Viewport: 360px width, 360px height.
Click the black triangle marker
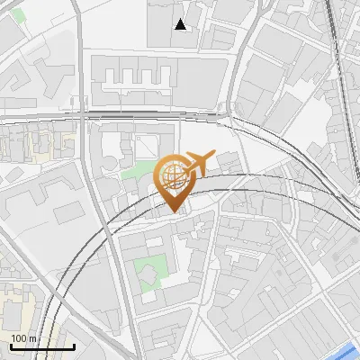point(182,25)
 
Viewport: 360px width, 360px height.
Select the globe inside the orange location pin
point(174,175)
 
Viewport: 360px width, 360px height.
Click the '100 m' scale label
point(22,338)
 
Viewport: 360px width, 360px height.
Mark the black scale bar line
point(42,346)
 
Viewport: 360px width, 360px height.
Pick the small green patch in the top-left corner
point(18,16)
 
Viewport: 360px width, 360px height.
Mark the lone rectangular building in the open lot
point(68,213)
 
